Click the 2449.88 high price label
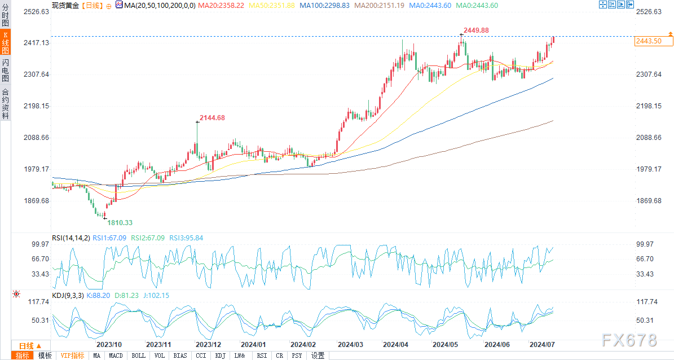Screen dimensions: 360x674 [x=476, y=30]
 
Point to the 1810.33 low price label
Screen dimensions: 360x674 [x=120, y=223]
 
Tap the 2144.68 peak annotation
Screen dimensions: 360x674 [x=213, y=118]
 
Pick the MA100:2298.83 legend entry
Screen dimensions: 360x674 [x=324, y=5]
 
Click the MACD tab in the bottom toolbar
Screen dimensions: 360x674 [x=116, y=355]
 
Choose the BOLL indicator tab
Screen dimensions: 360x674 [x=138, y=355]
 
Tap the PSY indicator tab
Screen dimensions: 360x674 [x=297, y=355]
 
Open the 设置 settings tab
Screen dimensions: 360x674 [x=318, y=355]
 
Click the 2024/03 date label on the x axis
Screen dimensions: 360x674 [x=350, y=344]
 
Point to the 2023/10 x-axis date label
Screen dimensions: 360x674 [x=109, y=344]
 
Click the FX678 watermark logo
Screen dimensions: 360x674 [x=629, y=340]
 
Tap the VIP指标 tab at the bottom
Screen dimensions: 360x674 [x=72, y=355]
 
